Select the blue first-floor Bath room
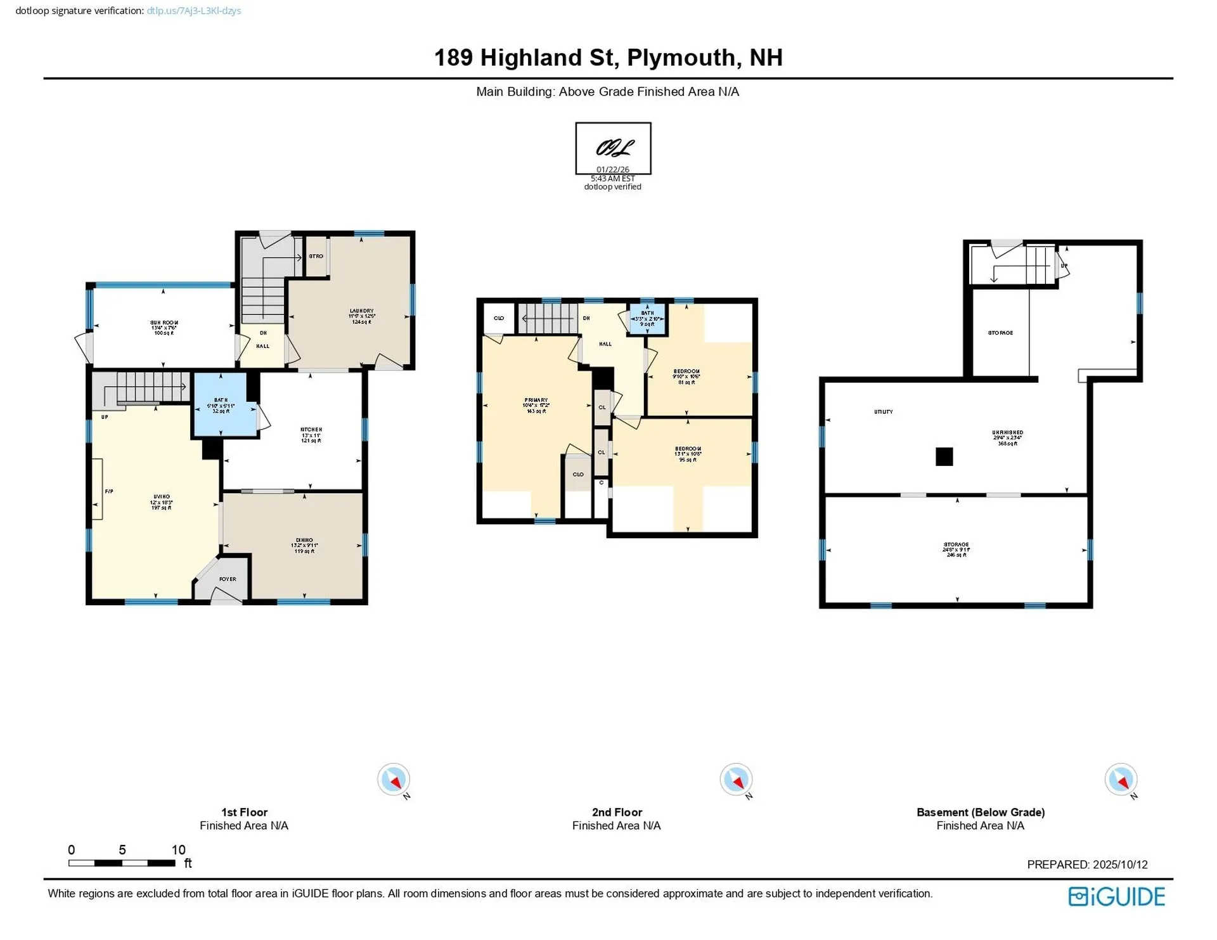(x=220, y=404)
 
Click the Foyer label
(x=228, y=579)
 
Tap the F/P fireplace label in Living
(x=108, y=491)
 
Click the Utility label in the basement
(x=883, y=412)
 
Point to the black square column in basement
(x=944, y=456)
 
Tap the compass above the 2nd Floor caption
(x=736, y=779)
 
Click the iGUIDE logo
(x=1116, y=896)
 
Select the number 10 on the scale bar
(x=178, y=850)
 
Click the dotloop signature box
(x=613, y=148)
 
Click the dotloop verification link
(x=193, y=11)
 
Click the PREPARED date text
(x=1086, y=865)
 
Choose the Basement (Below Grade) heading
(x=980, y=812)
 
